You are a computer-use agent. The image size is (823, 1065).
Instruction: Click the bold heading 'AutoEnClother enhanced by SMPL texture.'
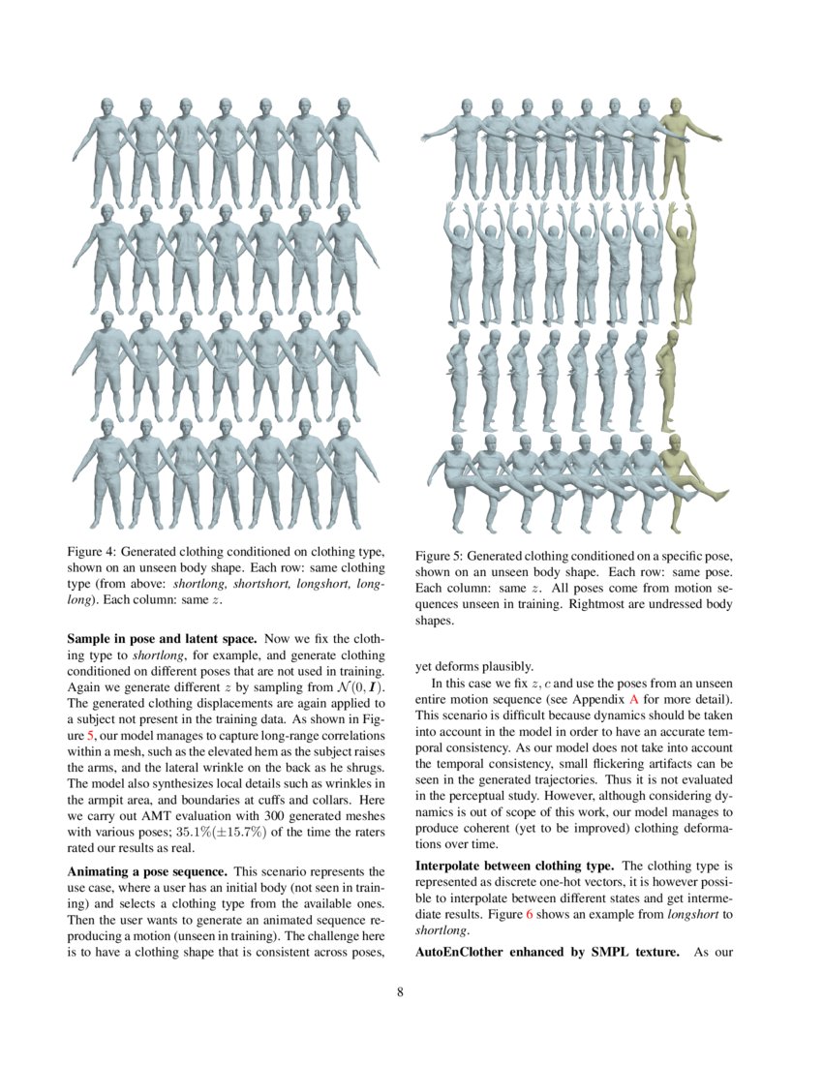click(x=544, y=952)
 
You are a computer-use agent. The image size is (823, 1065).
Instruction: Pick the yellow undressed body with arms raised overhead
click(x=681, y=261)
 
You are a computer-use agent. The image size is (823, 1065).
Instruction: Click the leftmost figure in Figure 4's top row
click(x=106, y=150)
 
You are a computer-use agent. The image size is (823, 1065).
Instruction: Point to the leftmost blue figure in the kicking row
click(x=464, y=481)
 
